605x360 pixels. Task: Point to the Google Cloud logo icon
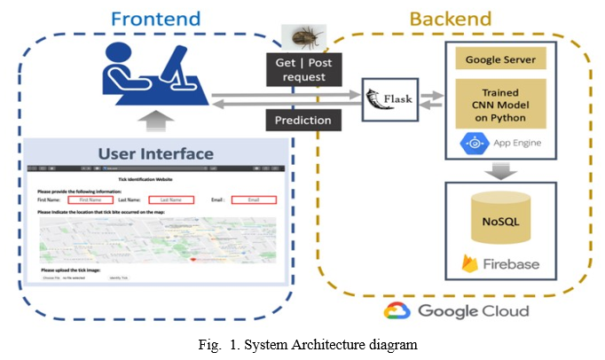(397, 310)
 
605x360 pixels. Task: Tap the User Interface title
(155, 153)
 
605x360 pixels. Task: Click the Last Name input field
(170, 200)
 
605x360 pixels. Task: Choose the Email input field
(254, 200)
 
